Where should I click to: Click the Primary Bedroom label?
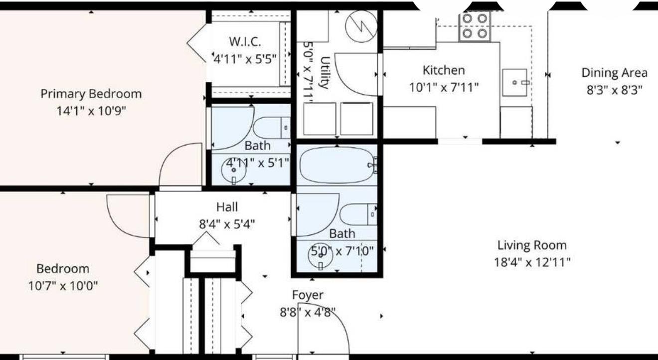click(x=91, y=93)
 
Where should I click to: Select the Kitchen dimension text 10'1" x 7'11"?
click(x=444, y=87)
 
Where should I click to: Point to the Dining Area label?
click(x=614, y=73)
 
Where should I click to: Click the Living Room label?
click(x=532, y=245)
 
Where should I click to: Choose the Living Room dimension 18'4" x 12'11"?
click(x=532, y=262)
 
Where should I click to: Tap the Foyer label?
click(x=308, y=295)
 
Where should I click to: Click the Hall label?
click(x=227, y=206)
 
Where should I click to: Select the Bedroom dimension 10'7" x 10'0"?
click(x=63, y=286)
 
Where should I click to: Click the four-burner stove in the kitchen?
click(x=474, y=26)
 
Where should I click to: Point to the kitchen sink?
click(x=515, y=82)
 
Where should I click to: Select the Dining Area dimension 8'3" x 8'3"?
click(x=614, y=90)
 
